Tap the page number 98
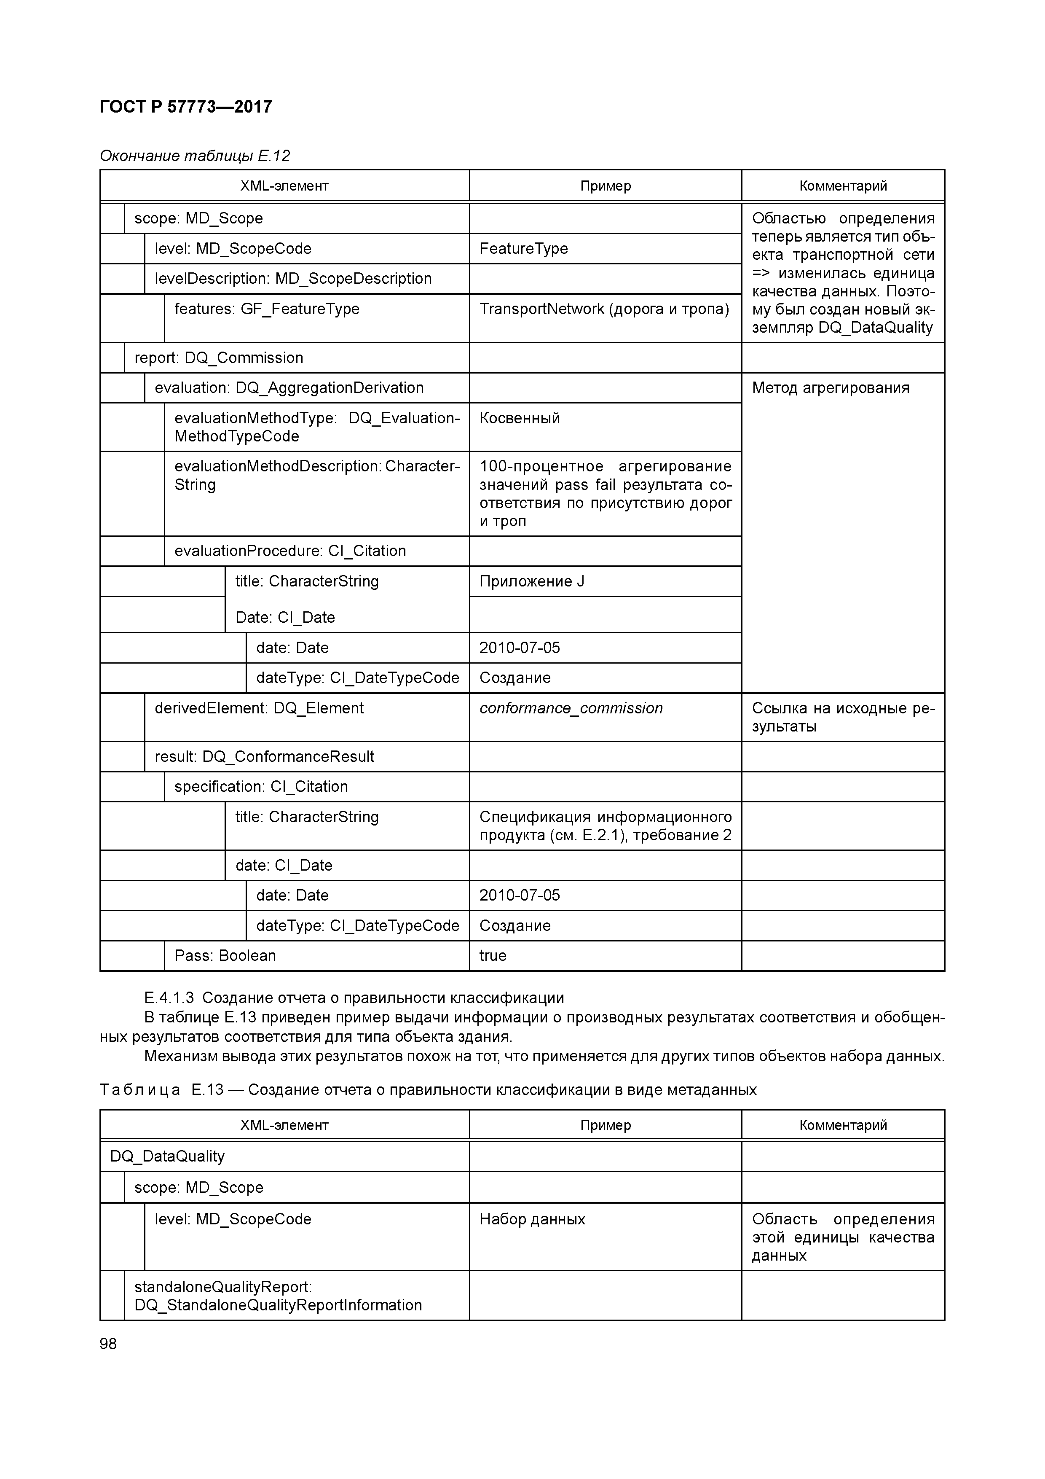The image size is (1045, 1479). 108,1344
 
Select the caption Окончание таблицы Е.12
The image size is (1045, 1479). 194,156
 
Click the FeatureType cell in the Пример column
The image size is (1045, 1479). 523,249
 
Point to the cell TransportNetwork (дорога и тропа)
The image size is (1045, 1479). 603,309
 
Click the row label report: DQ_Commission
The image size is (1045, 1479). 218,358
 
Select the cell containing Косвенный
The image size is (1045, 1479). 519,418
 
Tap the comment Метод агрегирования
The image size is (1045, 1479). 830,388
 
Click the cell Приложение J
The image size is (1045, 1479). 531,582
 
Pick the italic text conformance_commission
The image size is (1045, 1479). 571,709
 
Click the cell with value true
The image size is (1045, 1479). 493,956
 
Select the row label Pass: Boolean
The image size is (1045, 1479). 225,956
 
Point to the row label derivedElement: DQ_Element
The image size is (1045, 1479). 259,709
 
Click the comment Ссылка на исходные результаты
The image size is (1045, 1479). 842,717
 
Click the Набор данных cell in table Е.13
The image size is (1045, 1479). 532,1219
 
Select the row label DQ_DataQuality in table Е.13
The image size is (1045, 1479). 167,1156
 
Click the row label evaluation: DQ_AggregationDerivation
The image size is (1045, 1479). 289,388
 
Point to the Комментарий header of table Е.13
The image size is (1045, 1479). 842,1125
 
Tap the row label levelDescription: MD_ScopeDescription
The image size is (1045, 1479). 292,279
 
